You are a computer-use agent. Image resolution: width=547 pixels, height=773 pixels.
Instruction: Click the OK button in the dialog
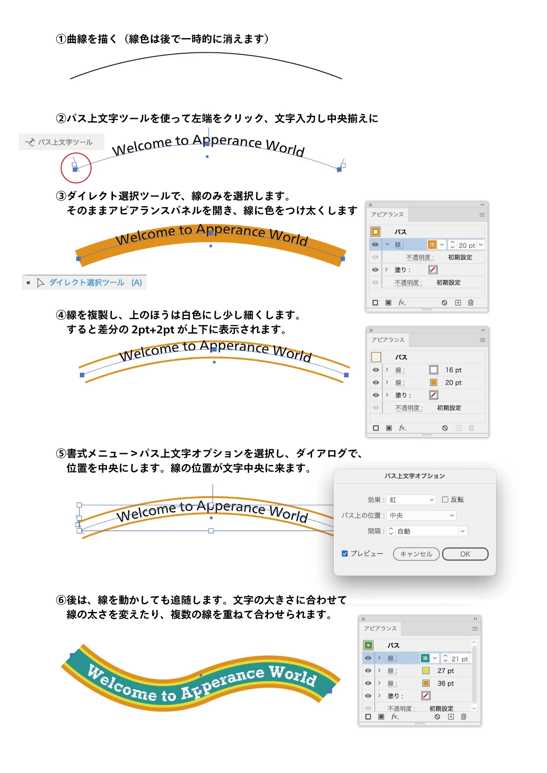pos(465,554)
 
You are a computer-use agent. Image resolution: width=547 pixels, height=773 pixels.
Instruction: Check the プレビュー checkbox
pos(345,554)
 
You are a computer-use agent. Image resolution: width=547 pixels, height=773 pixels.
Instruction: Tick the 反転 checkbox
pos(445,500)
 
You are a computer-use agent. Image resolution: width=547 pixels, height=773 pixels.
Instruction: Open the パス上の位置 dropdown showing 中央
pos(421,515)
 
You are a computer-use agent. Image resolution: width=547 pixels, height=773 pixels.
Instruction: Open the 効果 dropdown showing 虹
pos(411,500)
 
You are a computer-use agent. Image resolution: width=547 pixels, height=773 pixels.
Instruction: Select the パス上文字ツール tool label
pos(65,142)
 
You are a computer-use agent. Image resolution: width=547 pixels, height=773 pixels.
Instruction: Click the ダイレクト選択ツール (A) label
pos(95,283)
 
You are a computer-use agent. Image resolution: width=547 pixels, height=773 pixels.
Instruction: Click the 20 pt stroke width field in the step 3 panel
pos(466,245)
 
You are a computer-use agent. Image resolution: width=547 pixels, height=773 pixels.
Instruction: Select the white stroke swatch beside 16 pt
pos(434,370)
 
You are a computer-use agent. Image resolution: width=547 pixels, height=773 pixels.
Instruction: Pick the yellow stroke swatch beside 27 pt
pos(426,671)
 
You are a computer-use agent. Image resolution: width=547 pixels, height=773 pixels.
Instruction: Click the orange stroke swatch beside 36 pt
pos(426,683)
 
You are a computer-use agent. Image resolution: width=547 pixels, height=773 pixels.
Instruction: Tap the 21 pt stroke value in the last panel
pos(460,659)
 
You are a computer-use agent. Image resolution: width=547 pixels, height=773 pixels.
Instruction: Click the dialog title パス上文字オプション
pos(414,476)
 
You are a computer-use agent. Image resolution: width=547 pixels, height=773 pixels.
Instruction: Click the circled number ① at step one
pos(61,39)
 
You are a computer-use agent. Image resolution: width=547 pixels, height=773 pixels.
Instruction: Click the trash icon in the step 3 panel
pos(470,302)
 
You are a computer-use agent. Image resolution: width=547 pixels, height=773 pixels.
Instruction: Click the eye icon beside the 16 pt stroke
pos(375,370)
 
